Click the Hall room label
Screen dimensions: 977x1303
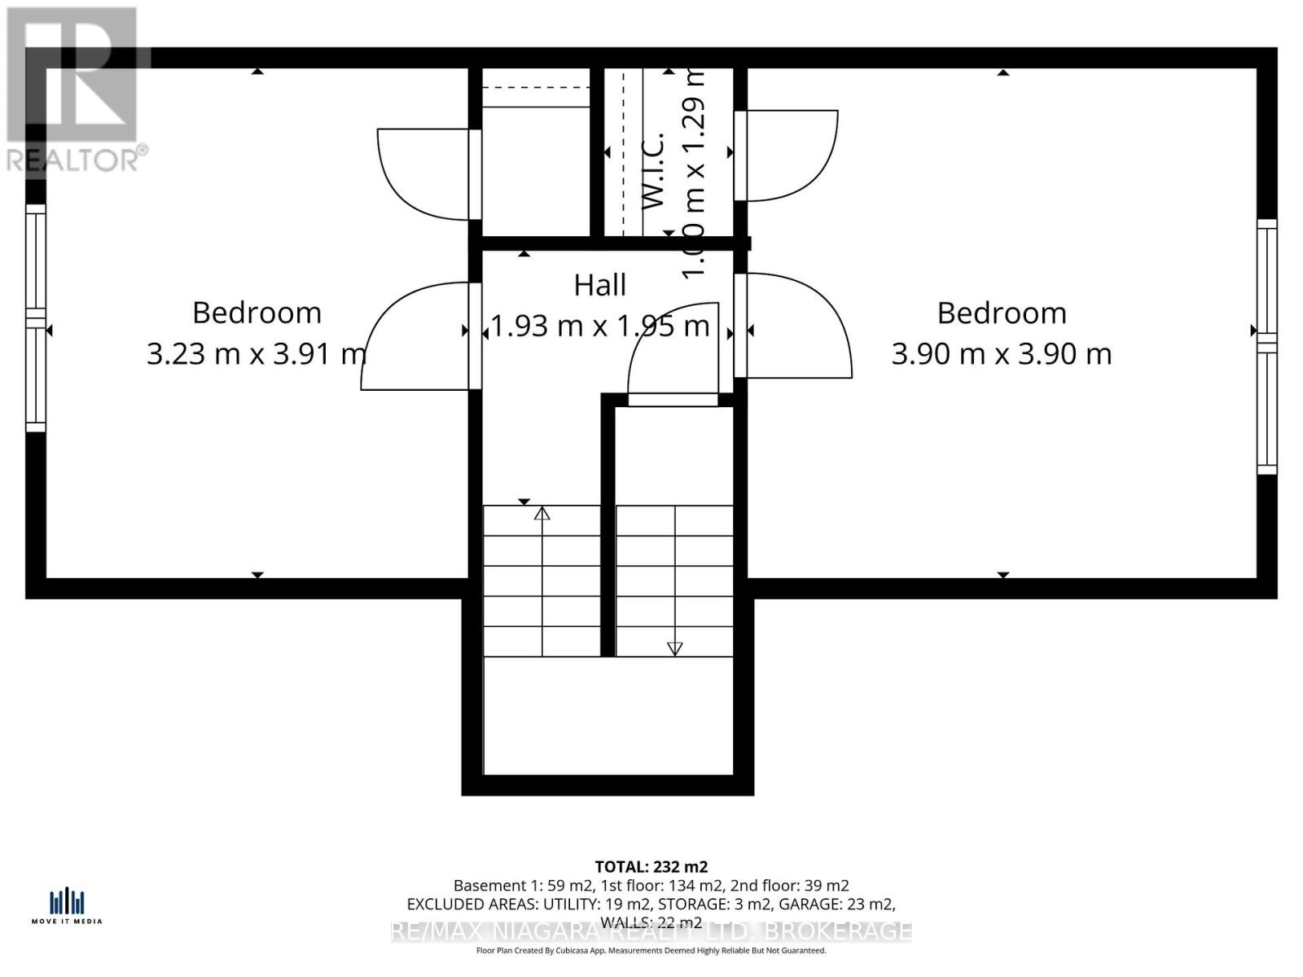pos(600,285)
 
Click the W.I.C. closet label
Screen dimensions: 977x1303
pos(654,171)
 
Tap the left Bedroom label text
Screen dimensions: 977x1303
pos(257,313)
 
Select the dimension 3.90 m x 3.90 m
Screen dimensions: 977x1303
pos(1001,353)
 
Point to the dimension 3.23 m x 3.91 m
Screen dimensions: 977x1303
pos(257,353)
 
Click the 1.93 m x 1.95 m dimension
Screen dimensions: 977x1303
pos(600,326)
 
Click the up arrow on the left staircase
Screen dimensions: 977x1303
pos(542,513)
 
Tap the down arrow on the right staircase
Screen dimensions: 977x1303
pos(674,648)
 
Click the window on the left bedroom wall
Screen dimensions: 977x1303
pos(36,318)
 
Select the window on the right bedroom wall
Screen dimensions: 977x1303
pos(1267,346)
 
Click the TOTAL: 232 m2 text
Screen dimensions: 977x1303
pos(651,866)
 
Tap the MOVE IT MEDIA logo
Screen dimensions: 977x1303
pos(67,906)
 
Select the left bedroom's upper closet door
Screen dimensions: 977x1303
pos(423,173)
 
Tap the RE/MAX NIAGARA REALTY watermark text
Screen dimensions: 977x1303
pos(651,931)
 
